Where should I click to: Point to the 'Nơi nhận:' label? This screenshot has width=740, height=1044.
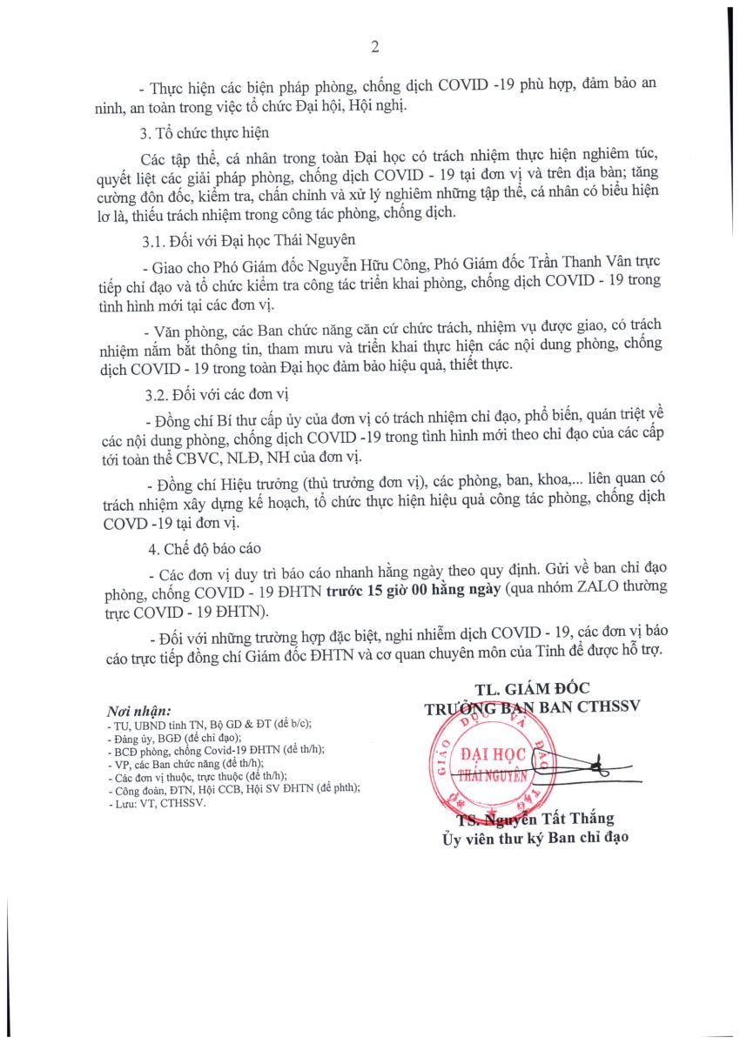(x=138, y=710)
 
